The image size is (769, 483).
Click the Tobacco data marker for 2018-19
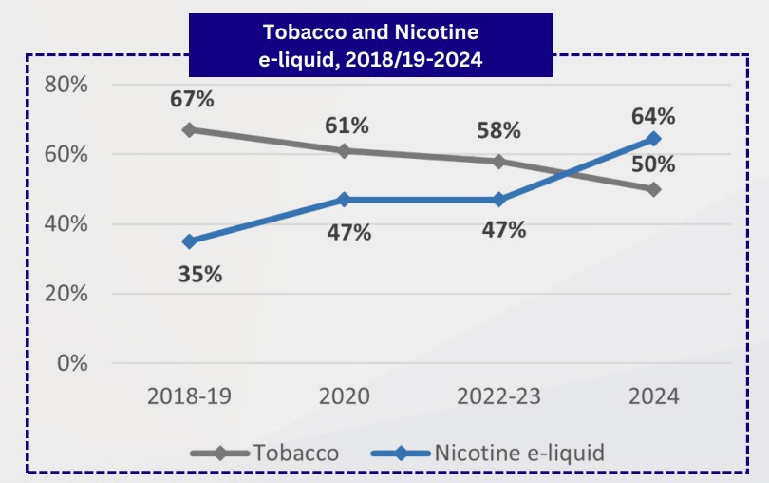pyautogui.click(x=189, y=129)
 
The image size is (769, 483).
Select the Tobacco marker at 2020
pyautogui.click(x=343, y=150)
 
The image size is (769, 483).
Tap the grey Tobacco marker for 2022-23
pyautogui.click(x=498, y=161)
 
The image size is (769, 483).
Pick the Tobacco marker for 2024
pyautogui.click(x=653, y=189)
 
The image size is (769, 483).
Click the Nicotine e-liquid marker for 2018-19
pyautogui.click(x=189, y=241)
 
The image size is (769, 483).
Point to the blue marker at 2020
pyautogui.click(x=343, y=200)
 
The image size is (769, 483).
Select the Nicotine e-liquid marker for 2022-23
pyautogui.click(x=498, y=200)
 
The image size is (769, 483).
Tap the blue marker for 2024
pyautogui.click(x=653, y=139)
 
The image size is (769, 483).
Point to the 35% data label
pyautogui.click(x=200, y=275)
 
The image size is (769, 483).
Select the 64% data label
pyautogui.click(x=652, y=116)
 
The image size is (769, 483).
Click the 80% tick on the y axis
pyautogui.click(x=66, y=85)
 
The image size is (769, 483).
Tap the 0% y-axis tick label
pyautogui.click(x=71, y=363)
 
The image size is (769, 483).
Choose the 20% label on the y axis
pyautogui.click(x=66, y=294)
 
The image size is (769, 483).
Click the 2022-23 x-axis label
pyautogui.click(x=497, y=396)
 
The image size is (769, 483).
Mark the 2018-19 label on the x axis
pyautogui.click(x=189, y=396)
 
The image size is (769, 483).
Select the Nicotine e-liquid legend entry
pyautogui.click(x=518, y=453)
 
